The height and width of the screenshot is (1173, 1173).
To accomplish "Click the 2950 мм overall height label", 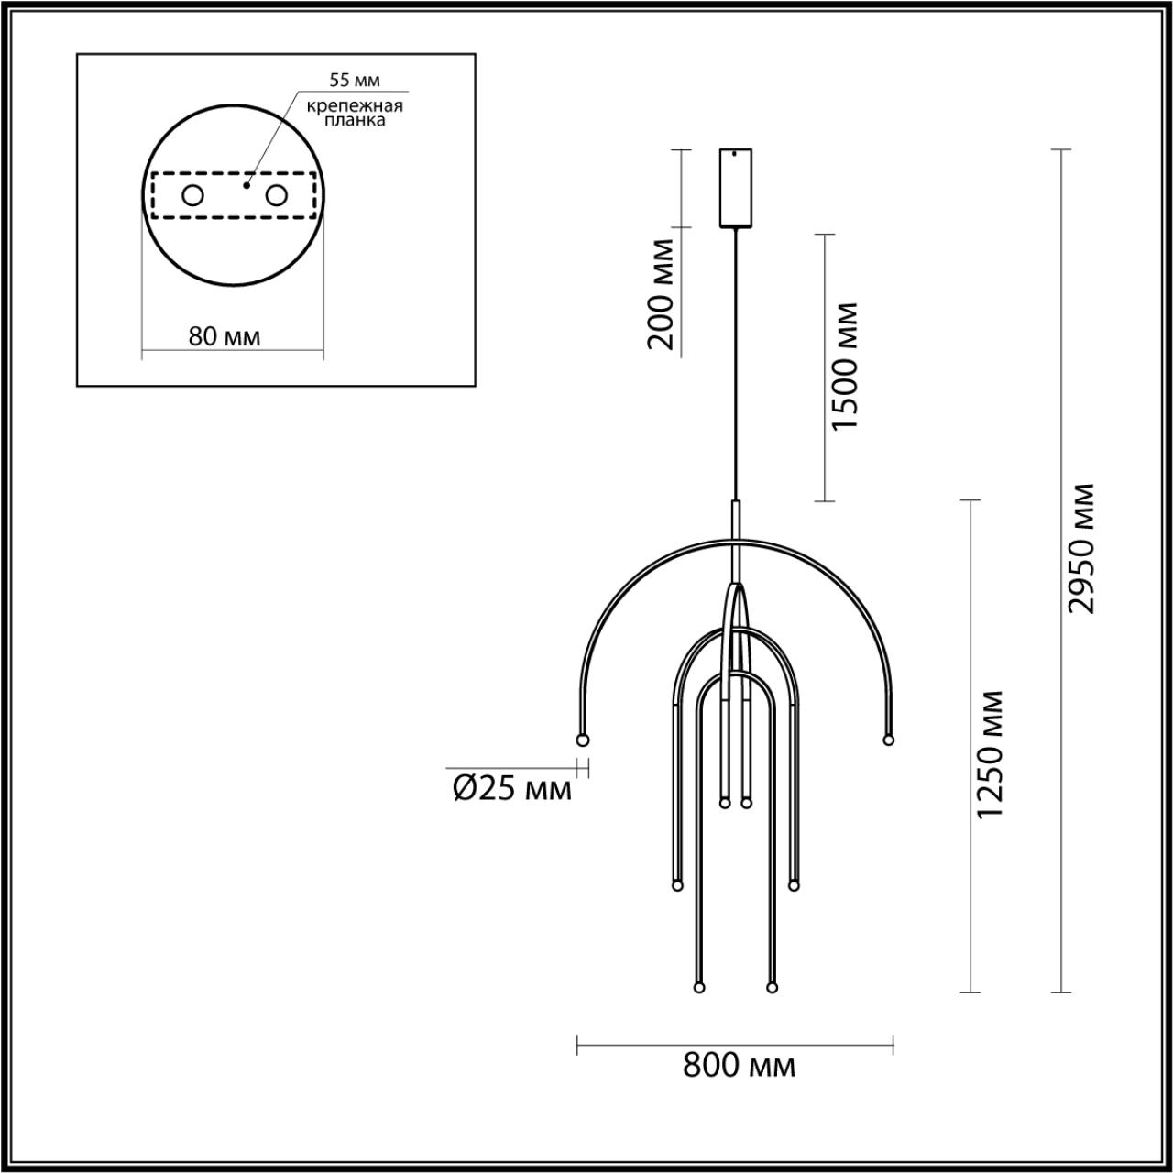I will (1085, 547).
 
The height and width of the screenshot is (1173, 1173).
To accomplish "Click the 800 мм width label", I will (739, 1065).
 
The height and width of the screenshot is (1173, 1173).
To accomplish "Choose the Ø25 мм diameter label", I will (512, 787).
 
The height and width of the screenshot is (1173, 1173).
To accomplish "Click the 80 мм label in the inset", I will (224, 336).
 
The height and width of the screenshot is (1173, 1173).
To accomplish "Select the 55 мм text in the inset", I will (355, 81).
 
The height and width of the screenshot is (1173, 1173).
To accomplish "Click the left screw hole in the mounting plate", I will (193, 195).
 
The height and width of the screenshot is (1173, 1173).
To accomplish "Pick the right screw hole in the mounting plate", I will (276, 195).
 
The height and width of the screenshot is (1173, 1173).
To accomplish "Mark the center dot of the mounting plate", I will (246, 185).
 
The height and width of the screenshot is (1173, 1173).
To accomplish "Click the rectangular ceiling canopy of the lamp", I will (735, 187).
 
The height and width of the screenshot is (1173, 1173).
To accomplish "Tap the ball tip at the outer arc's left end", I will (581, 739).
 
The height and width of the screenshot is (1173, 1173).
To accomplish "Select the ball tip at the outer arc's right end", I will (887, 739).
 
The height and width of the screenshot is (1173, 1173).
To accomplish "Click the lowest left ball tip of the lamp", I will (699, 988).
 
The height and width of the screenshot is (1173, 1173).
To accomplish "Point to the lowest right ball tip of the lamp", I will (771, 988).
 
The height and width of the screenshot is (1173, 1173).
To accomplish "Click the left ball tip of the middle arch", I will (677, 885).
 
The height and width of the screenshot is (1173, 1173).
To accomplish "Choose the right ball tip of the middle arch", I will (793, 885).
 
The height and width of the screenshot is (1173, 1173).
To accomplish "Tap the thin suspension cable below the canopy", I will (735, 367).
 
